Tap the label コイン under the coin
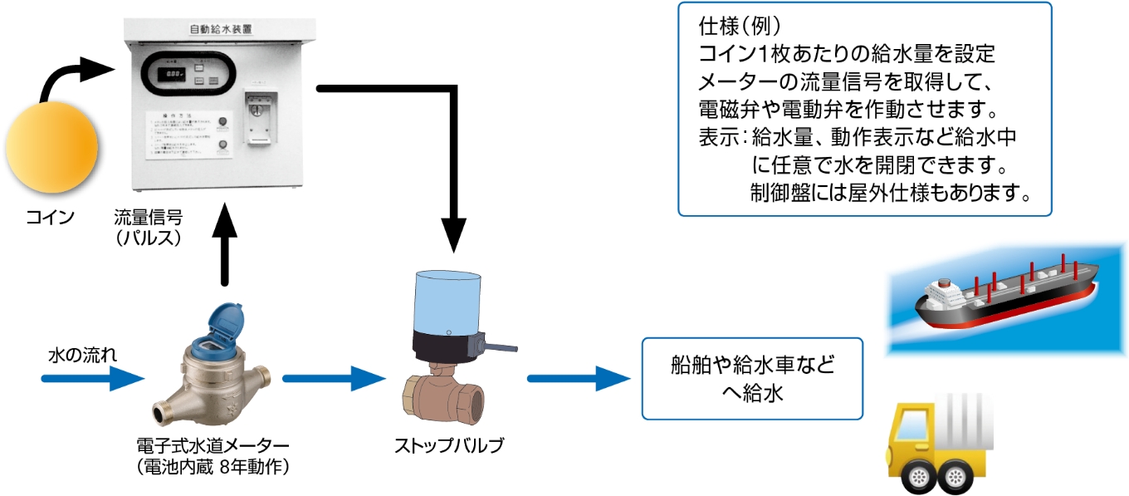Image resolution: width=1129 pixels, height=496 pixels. point(50,218)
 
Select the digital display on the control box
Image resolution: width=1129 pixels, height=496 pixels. point(175,74)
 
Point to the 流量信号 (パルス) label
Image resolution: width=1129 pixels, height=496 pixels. point(149,227)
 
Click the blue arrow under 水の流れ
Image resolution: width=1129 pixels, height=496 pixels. point(91,380)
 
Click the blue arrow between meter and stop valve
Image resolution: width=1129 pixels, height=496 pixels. point(332,379)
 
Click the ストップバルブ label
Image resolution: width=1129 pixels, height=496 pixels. point(448,444)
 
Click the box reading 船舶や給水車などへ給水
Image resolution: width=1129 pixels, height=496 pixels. point(751,378)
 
